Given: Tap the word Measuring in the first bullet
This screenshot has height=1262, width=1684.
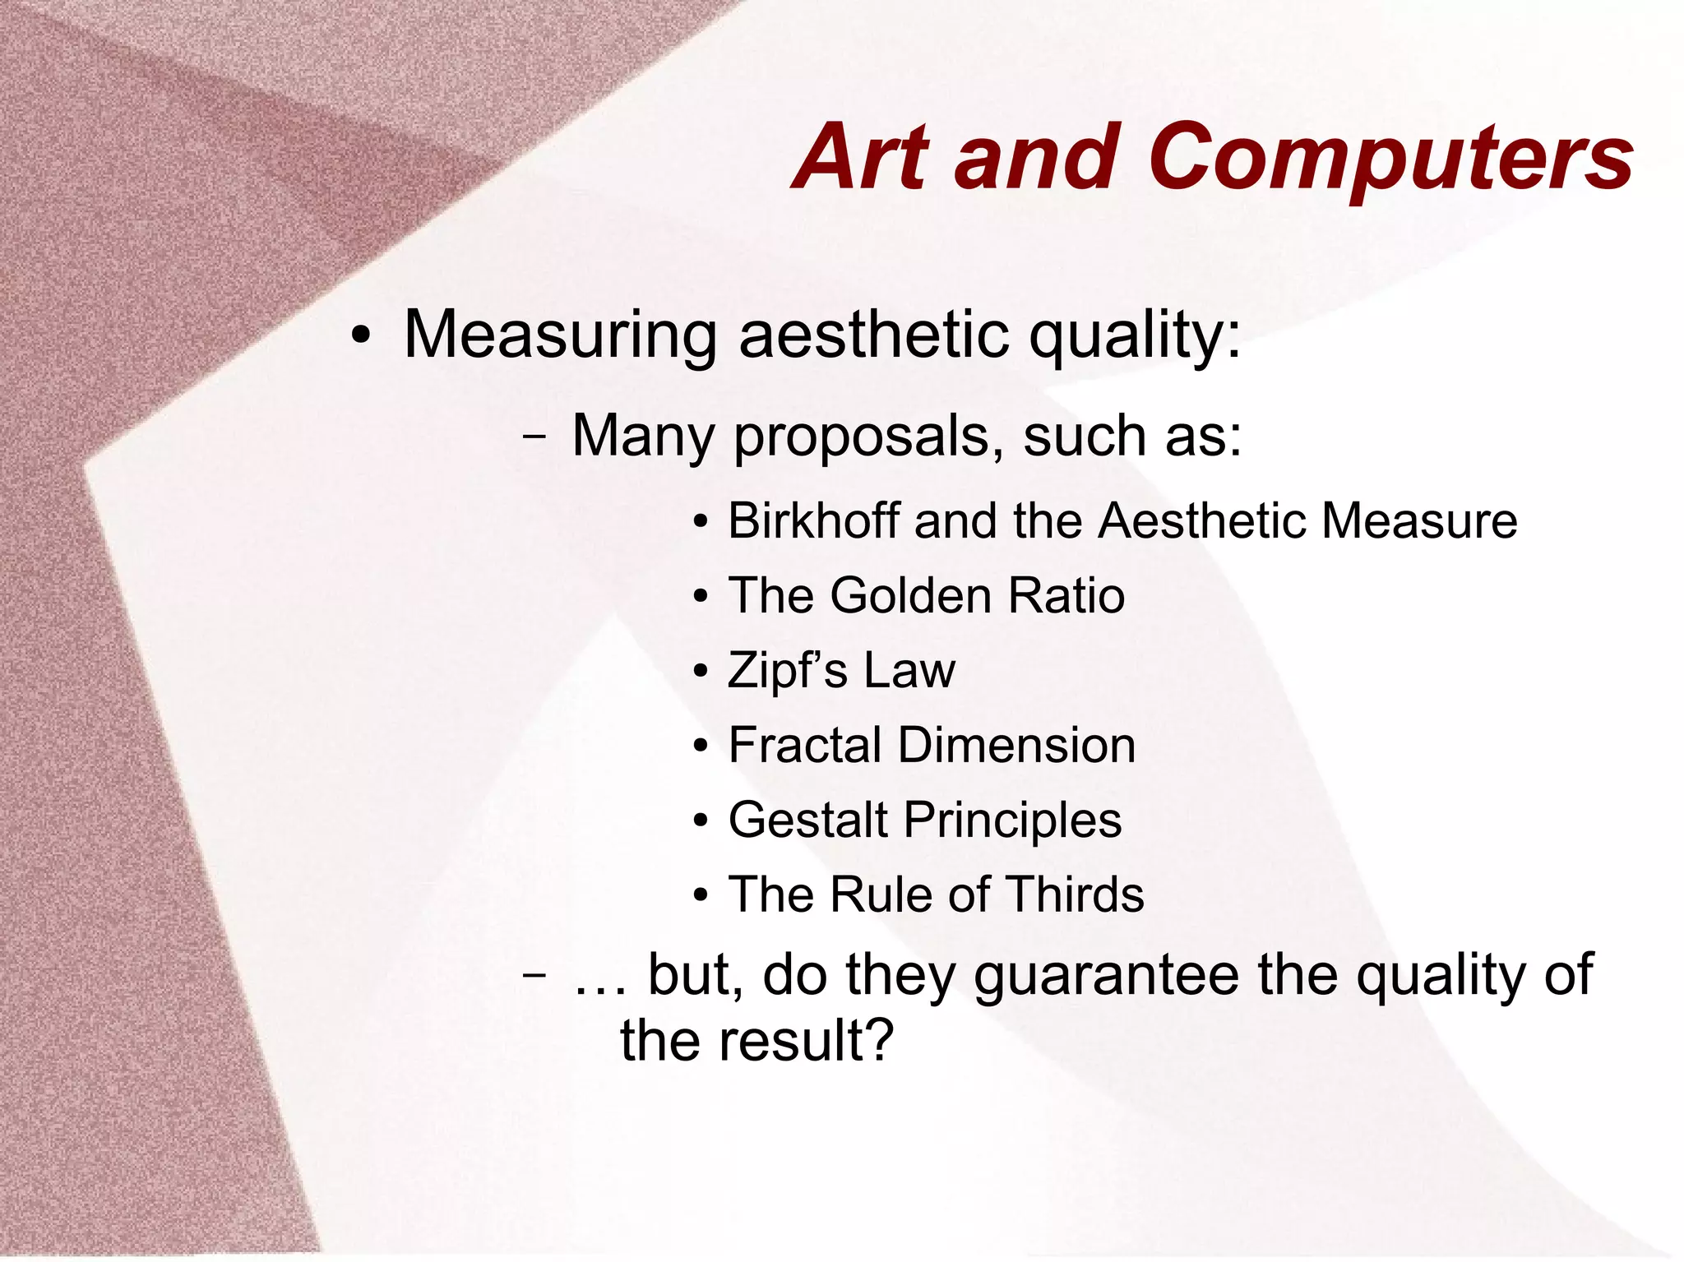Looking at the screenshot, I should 560,335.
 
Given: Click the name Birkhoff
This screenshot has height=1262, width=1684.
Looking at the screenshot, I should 813,520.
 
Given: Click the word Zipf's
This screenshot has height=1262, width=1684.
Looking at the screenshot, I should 787,671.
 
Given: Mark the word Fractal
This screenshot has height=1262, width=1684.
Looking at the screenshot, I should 804,745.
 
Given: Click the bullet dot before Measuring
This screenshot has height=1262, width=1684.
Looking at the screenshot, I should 359,337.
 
